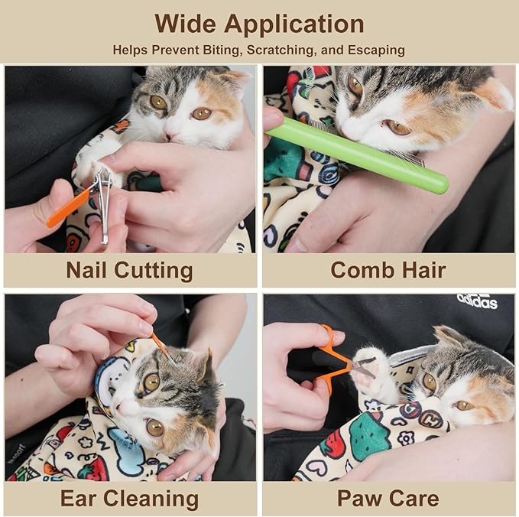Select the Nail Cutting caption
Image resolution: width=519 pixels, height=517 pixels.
point(129,270)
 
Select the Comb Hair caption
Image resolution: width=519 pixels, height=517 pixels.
point(388,270)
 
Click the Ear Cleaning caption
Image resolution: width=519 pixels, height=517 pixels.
point(129,499)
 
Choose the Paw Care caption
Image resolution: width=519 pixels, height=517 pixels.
point(388,499)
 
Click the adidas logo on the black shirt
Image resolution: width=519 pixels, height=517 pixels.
point(477,301)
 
